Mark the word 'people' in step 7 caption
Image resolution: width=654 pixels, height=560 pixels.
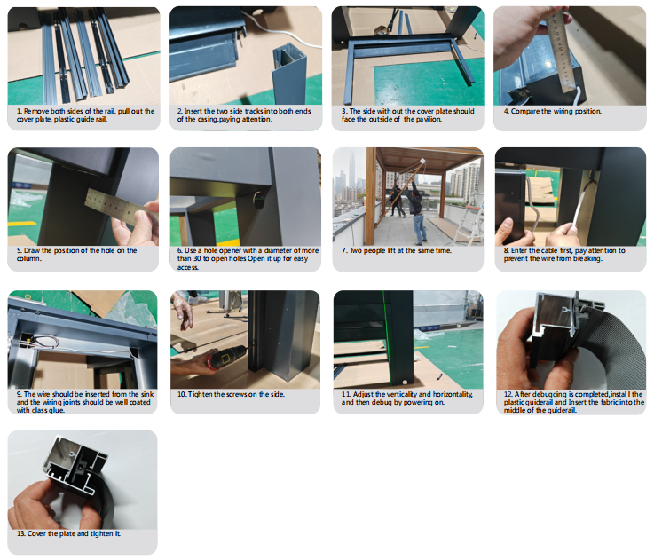pyautogui.click(x=375, y=251)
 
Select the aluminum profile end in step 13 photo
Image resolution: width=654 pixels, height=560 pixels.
pyautogui.click(x=75, y=463)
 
